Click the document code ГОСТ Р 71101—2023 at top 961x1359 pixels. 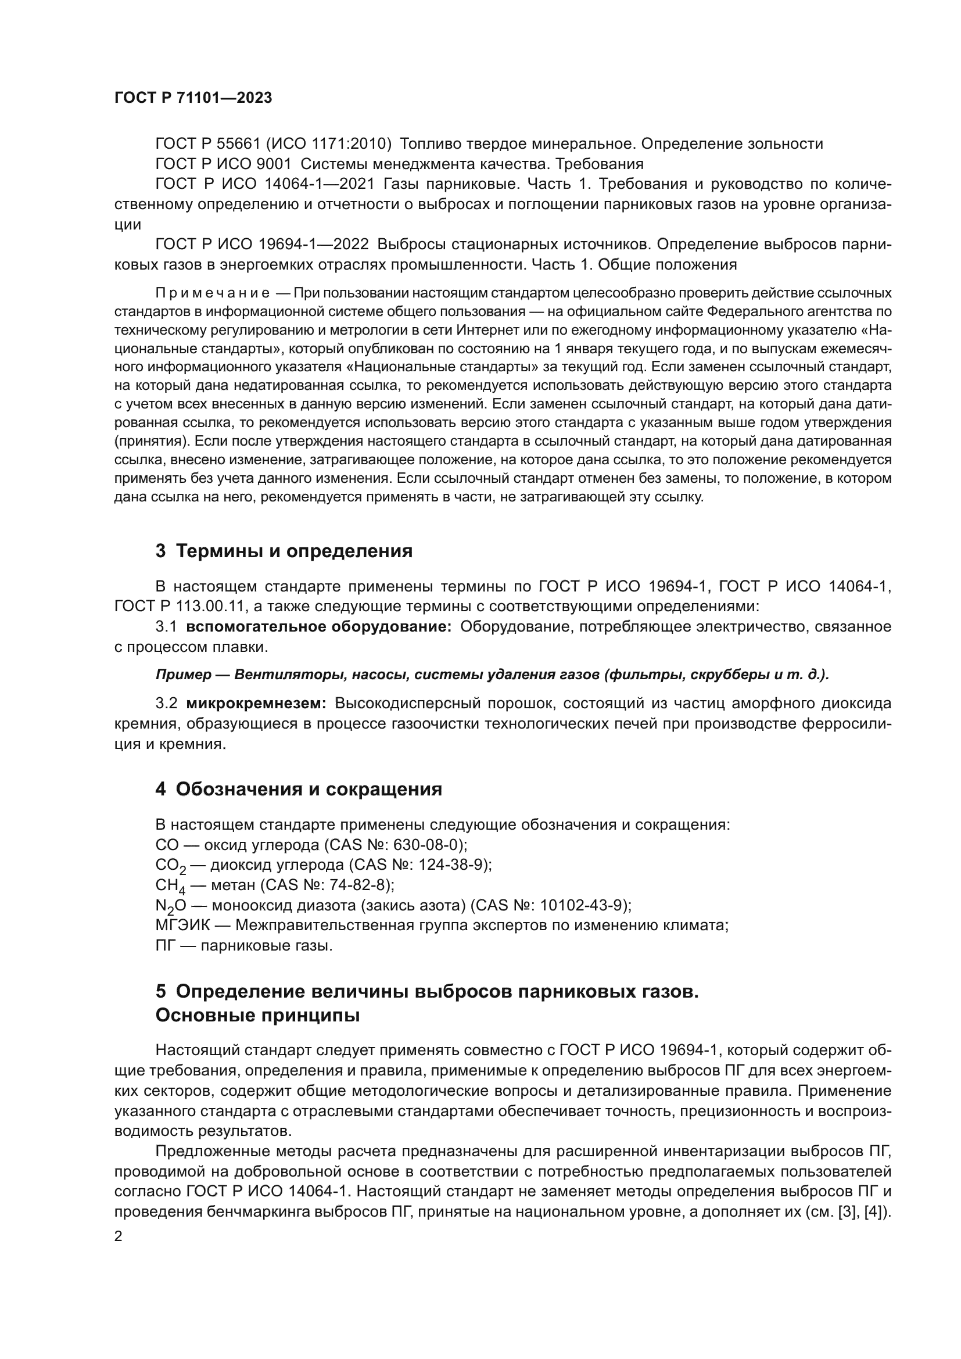193,98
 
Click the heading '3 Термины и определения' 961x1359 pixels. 284,551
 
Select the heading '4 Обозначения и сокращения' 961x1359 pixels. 299,789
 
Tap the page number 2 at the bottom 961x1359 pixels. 119,1236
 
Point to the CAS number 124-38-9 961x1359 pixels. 453,865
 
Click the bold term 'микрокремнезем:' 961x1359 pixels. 256,703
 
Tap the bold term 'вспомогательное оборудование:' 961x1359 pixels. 318,626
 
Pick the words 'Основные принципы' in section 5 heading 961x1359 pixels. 257,1015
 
